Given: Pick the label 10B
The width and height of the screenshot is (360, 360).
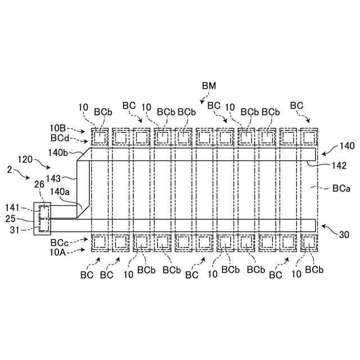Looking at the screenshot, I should coord(57,129).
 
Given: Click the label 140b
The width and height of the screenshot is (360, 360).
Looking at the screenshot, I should coord(58,152).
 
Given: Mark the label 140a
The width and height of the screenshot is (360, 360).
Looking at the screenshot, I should coord(60,192).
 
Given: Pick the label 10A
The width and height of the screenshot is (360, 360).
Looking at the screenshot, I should coord(57,252).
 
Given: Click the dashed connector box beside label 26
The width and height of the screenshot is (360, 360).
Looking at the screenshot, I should coord(43,219).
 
